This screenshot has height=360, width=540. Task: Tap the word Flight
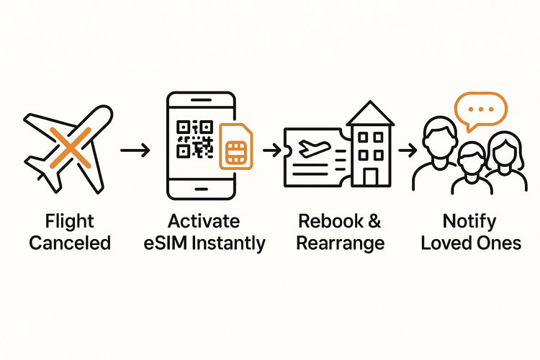[x=69, y=221]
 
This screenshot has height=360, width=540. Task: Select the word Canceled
[x=70, y=243]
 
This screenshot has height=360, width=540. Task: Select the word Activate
[x=204, y=221]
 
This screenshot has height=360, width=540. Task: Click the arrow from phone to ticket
[x=271, y=150]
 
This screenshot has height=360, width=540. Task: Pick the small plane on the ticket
[x=315, y=147]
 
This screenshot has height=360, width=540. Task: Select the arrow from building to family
[x=408, y=150]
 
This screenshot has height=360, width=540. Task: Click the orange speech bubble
[x=481, y=111]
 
